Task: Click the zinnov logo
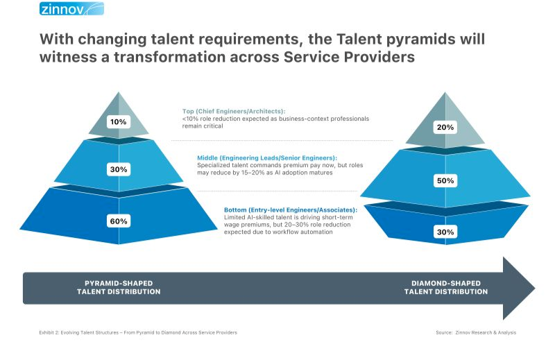(x=71, y=8)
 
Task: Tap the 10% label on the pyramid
(x=118, y=122)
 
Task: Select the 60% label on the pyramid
(x=119, y=221)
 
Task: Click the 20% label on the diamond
(x=445, y=128)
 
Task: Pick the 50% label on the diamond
(x=445, y=181)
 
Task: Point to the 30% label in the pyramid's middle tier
(x=119, y=169)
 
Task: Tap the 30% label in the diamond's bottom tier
(x=445, y=232)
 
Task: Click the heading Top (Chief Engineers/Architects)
(x=234, y=111)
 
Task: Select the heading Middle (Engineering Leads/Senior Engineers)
(x=267, y=158)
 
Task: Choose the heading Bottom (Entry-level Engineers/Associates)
(x=291, y=210)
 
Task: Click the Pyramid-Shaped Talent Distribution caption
(x=119, y=287)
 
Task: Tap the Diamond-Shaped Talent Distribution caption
(x=446, y=287)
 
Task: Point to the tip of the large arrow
(x=535, y=288)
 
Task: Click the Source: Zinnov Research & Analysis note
(x=476, y=332)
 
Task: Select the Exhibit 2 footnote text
(x=138, y=332)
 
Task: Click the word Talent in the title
(x=358, y=39)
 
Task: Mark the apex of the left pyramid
(x=119, y=92)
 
